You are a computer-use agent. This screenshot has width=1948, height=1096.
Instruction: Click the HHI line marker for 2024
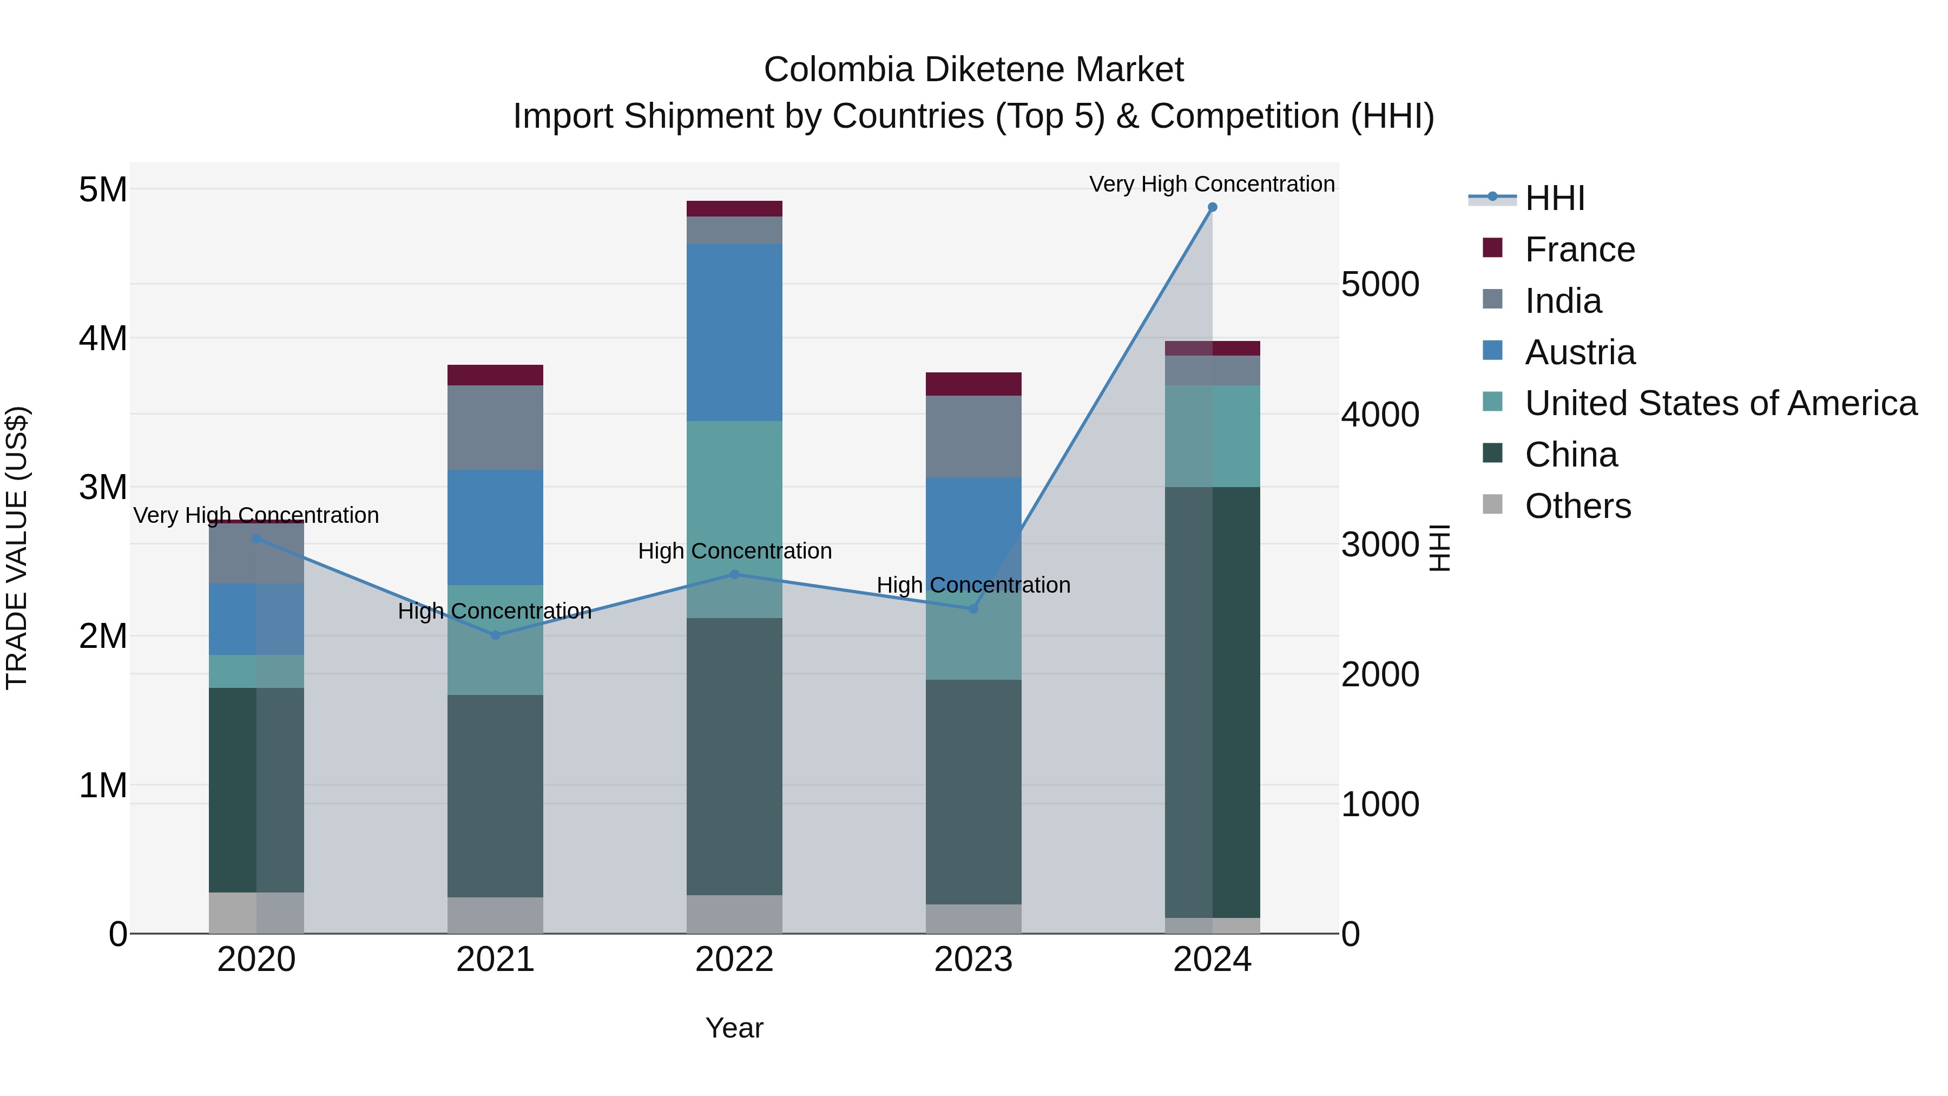pyautogui.click(x=1212, y=207)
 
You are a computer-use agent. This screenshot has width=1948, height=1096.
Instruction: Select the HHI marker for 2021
pyautogui.click(x=495, y=635)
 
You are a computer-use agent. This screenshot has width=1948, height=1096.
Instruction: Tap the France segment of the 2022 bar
pyautogui.click(x=734, y=209)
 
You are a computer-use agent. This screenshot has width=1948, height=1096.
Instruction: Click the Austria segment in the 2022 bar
pyautogui.click(x=734, y=333)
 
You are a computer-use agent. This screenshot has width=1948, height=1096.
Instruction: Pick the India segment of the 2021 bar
pyautogui.click(x=495, y=428)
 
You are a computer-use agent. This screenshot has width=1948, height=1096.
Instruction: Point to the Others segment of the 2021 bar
pyautogui.click(x=495, y=915)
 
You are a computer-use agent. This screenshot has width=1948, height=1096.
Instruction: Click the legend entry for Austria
pyautogui.click(x=1580, y=352)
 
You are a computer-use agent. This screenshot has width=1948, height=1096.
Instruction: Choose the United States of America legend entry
pyautogui.click(x=1720, y=404)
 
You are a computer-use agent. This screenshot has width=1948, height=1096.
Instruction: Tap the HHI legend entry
pyautogui.click(x=1554, y=198)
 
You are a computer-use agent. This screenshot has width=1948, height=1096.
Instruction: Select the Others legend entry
pyautogui.click(x=1577, y=506)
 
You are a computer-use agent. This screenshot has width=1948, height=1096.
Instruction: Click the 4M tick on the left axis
pyautogui.click(x=103, y=338)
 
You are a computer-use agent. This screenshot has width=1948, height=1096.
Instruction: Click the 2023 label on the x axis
pyautogui.click(x=973, y=960)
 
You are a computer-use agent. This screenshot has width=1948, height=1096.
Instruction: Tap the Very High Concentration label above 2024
pyautogui.click(x=1212, y=184)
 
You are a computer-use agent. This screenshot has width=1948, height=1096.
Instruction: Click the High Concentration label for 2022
pyautogui.click(x=734, y=552)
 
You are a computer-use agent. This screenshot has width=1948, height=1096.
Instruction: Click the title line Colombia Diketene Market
pyautogui.click(x=973, y=70)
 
